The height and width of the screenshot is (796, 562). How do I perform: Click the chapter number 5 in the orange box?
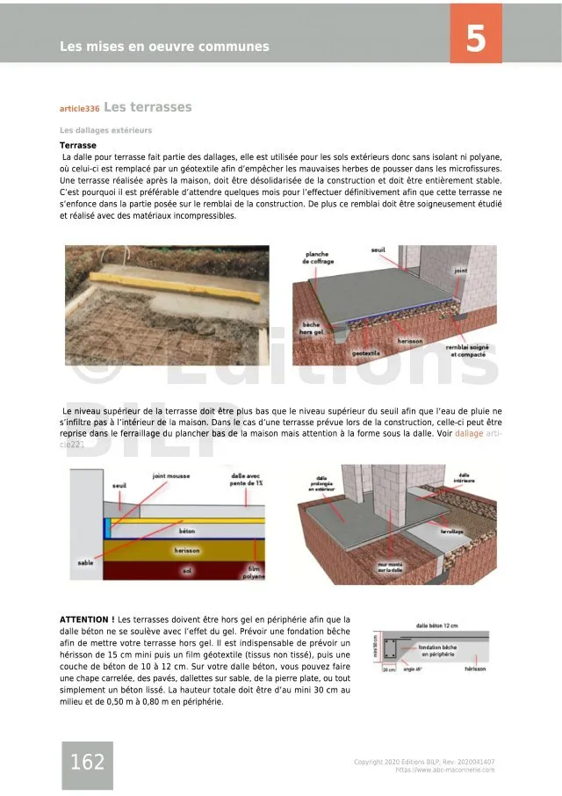point(476,39)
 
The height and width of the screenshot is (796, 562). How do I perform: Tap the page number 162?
point(87,762)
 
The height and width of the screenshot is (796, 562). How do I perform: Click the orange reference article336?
point(79,109)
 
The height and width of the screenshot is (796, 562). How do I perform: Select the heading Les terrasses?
point(148,107)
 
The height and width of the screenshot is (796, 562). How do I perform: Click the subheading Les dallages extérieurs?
point(105,130)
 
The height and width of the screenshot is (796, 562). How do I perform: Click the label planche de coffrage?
point(316,257)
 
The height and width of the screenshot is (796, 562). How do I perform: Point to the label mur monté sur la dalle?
point(390,568)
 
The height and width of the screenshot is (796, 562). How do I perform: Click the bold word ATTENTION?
point(86,619)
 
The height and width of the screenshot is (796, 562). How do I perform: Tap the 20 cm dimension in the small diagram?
point(389,669)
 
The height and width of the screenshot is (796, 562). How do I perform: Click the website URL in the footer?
point(445,770)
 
